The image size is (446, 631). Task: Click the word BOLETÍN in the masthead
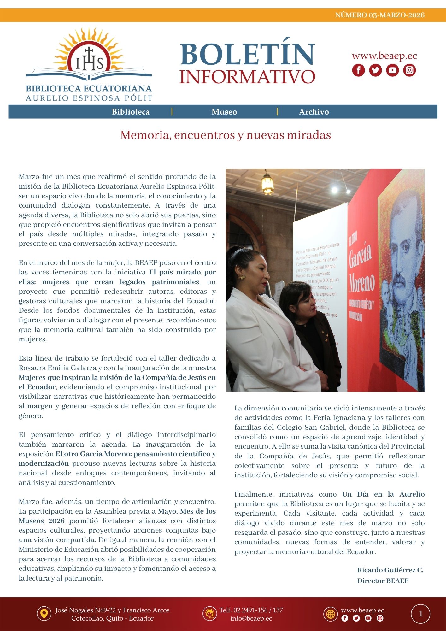pyautogui.click(x=247, y=54)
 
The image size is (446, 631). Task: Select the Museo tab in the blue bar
pyautogui.click(x=224, y=112)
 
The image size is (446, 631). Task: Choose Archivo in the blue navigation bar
pyautogui.click(x=314, y=112)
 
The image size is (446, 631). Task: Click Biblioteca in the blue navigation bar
pyautogui.click(x=131, y=112)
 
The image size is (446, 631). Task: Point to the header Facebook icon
pyautogui.click(x=358, y=70)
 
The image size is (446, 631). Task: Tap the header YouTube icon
pyautogui.click(x=392, y=70)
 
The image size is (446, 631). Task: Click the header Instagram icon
pyautogui.click(x=409, y=70)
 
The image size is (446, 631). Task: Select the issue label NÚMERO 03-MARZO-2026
pyautogui.click(x=380, y=15)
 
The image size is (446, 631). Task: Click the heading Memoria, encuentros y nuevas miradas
pyautogui.click(x=225, y=135)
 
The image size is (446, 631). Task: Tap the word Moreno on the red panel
pyautogui.click(x=362, y=282)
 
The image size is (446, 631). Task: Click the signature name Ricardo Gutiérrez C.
pyautogui.click(x=390, y=570)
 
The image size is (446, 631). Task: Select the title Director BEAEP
pyautogui.click(x=383, y=581)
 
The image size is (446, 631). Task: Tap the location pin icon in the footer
pyautogui.click(x=44, y=614)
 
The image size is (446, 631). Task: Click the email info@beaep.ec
pyautogui.click(x=251, y=618)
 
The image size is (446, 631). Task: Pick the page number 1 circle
pyautogui.click(x=420, y=614)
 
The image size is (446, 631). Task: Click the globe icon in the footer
pyautogui.click(x=331, y=614)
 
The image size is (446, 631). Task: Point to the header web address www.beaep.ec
pyautogui.click(x=384, y=56)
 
